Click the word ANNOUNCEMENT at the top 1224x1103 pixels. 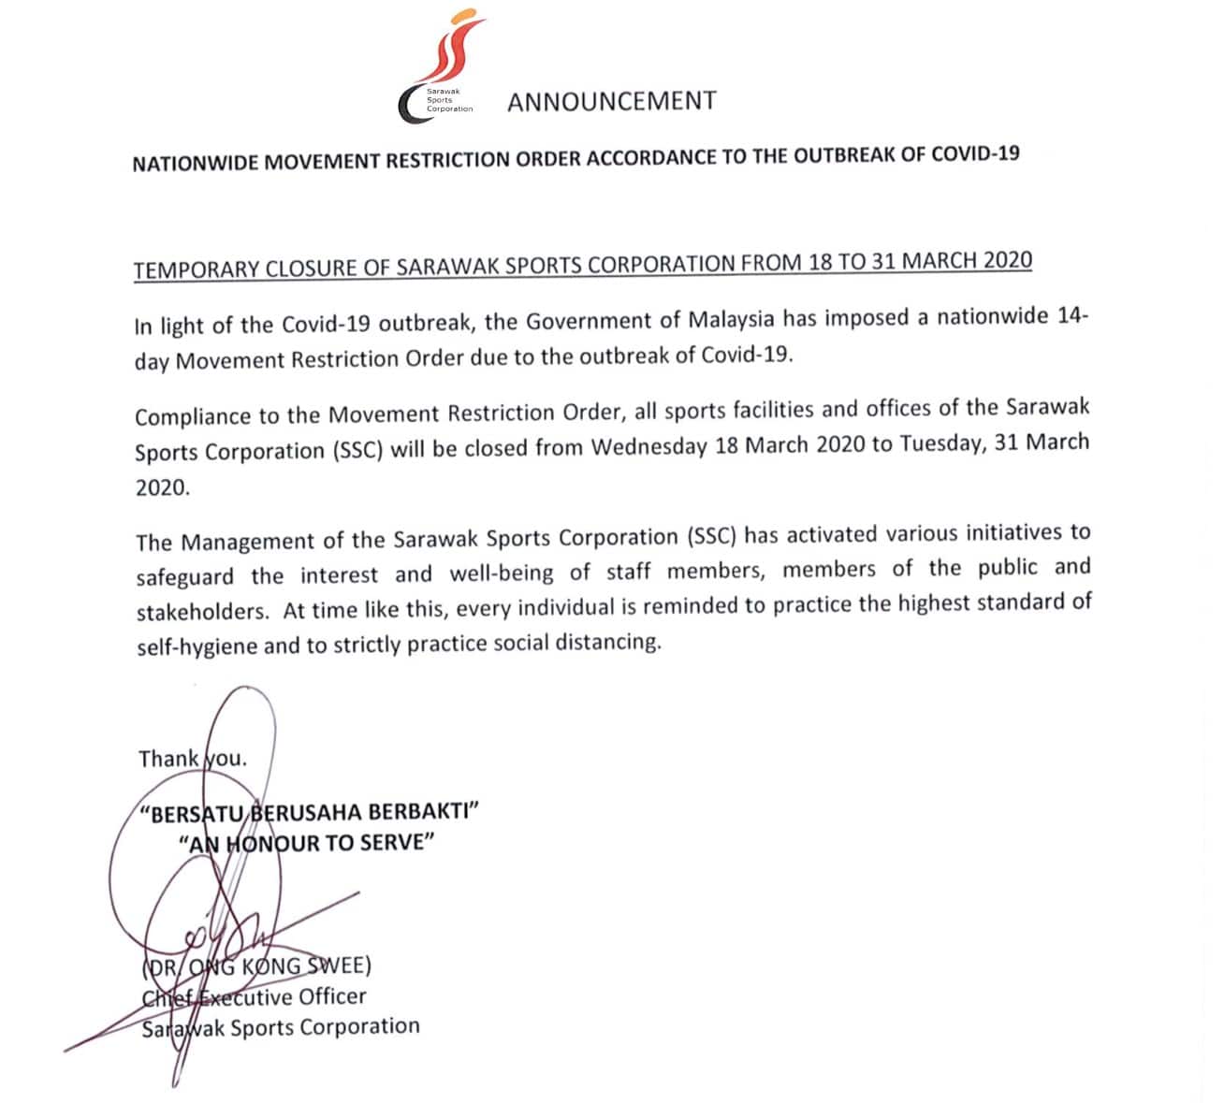pos(611,101)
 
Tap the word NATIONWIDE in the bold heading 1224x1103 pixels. pos(196,164)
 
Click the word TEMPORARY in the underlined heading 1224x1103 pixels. pos(190,270)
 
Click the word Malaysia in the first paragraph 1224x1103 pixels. pos(731,319)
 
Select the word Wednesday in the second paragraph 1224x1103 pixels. pos(648,447)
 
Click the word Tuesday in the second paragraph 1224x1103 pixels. pos(940,443)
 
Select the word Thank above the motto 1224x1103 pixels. pos(168,759)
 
